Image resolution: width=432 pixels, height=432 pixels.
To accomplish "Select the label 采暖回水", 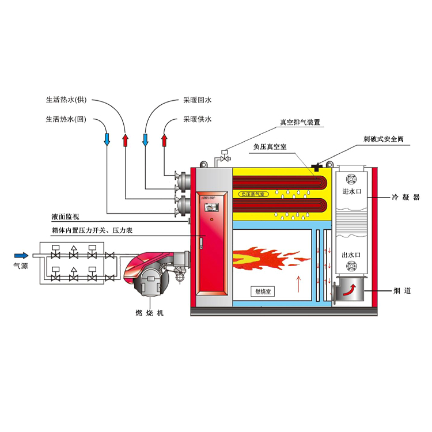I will click(x=197, y=100).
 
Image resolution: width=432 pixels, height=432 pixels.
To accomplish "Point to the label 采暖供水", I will click(x=197, y=120).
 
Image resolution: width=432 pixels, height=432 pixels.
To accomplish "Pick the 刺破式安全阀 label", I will click(x=384, y=139).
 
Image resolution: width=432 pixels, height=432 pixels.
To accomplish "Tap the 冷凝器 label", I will click(x=406, y=197).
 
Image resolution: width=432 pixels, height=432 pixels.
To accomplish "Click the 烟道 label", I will click(x=403, y=291).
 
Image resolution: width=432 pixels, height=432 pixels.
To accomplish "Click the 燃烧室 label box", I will click(x=264, y=291).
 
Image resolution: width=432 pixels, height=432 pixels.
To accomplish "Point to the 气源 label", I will click(x=21, y=266).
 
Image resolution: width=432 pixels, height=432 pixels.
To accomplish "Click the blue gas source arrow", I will click(x=21, y=255).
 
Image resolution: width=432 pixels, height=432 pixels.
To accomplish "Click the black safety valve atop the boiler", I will click(x=316, y=167).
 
